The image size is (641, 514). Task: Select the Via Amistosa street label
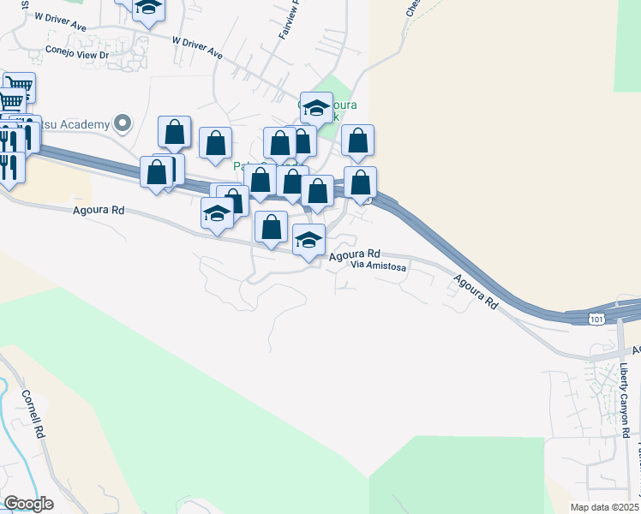pos(378,266)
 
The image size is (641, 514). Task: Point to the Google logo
pos(29,503)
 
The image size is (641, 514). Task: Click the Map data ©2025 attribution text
pos(592,507)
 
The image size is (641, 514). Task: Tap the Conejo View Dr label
pos(78,52)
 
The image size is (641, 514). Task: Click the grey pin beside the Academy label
pos(123,123)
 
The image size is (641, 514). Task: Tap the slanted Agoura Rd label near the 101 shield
pos(476,290)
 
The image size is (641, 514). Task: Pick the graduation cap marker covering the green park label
pos(316,108)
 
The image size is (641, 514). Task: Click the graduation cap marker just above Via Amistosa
pos(309,240)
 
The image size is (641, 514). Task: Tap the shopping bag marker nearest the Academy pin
pos(174,132)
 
